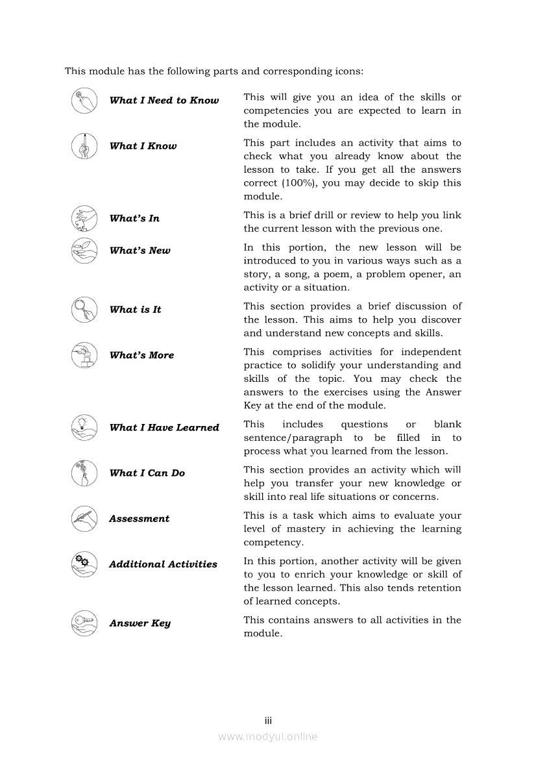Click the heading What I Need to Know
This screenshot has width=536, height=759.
click(x=164, y=101)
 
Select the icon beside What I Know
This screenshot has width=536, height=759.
click(x=84, y=145)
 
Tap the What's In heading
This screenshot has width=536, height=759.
click(x=134, y=219)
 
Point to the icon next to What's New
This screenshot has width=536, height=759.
click(x=84, y=250)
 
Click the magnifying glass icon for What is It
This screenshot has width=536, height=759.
click(x=84, y=309)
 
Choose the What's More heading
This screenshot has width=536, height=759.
click(x=141, y=355)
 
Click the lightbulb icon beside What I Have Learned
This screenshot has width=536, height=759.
click(x=84, y=427)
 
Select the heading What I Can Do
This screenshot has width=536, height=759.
click(x=147, y=473)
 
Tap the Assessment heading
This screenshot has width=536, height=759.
click(x=139, y=519)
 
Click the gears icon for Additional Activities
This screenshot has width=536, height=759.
click(x=84, y=564)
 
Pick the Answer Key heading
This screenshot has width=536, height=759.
click(x=140, y=623)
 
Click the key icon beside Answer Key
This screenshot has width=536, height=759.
click(x=84, y=623)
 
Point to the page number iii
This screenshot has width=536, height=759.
click(x=268, y=721)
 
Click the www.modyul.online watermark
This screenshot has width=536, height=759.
click(x=268, y=737)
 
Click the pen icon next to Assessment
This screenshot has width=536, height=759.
click(x=84, y=518)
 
